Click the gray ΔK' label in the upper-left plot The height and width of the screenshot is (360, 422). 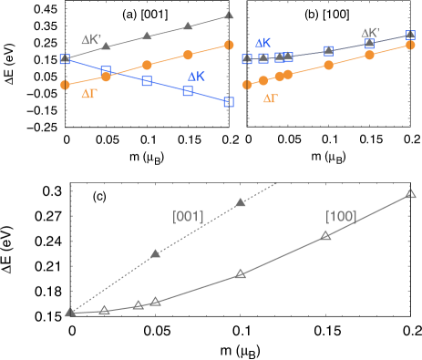point(91,40)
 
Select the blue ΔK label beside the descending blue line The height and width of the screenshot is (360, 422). point(197,77)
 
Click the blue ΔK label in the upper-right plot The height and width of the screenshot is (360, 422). point(262,43)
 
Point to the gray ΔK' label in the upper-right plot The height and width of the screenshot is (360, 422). point(370,32)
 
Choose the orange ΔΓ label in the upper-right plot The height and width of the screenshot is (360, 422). point(271,98)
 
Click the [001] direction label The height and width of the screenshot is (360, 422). point(188,216)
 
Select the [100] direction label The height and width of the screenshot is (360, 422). point(342,216)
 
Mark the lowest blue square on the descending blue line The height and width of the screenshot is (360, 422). point(228,102)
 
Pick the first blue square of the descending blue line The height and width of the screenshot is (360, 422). point(65,58)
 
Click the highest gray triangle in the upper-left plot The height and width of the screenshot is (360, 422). point(228,15)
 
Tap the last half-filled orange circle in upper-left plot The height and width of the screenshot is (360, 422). point(228,45)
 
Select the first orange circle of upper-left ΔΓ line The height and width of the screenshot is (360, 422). point(65,85)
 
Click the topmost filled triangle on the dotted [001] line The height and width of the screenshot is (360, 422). point(241,202)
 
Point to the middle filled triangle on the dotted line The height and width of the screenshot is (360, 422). point(155,253)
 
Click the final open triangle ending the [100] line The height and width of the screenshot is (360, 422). point(410,193)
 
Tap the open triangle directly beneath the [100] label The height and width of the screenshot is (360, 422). point(325,235)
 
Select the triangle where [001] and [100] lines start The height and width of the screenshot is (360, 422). point(70,313)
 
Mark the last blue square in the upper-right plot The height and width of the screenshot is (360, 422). point(410,36)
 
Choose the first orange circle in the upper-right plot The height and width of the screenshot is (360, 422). point(246,85)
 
